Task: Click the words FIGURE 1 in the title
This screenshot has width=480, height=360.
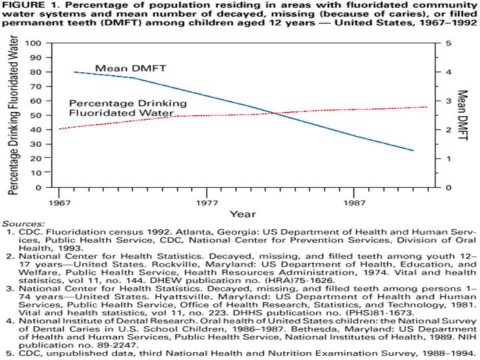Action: [25, 7]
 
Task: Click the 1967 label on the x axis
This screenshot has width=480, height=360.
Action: [60, 200]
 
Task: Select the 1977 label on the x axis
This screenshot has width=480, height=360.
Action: [207, 200]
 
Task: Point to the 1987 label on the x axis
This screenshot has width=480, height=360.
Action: [353, 200]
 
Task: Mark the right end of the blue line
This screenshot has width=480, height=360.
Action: [413, 151]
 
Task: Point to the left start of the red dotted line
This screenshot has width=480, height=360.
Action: [60, 129]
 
